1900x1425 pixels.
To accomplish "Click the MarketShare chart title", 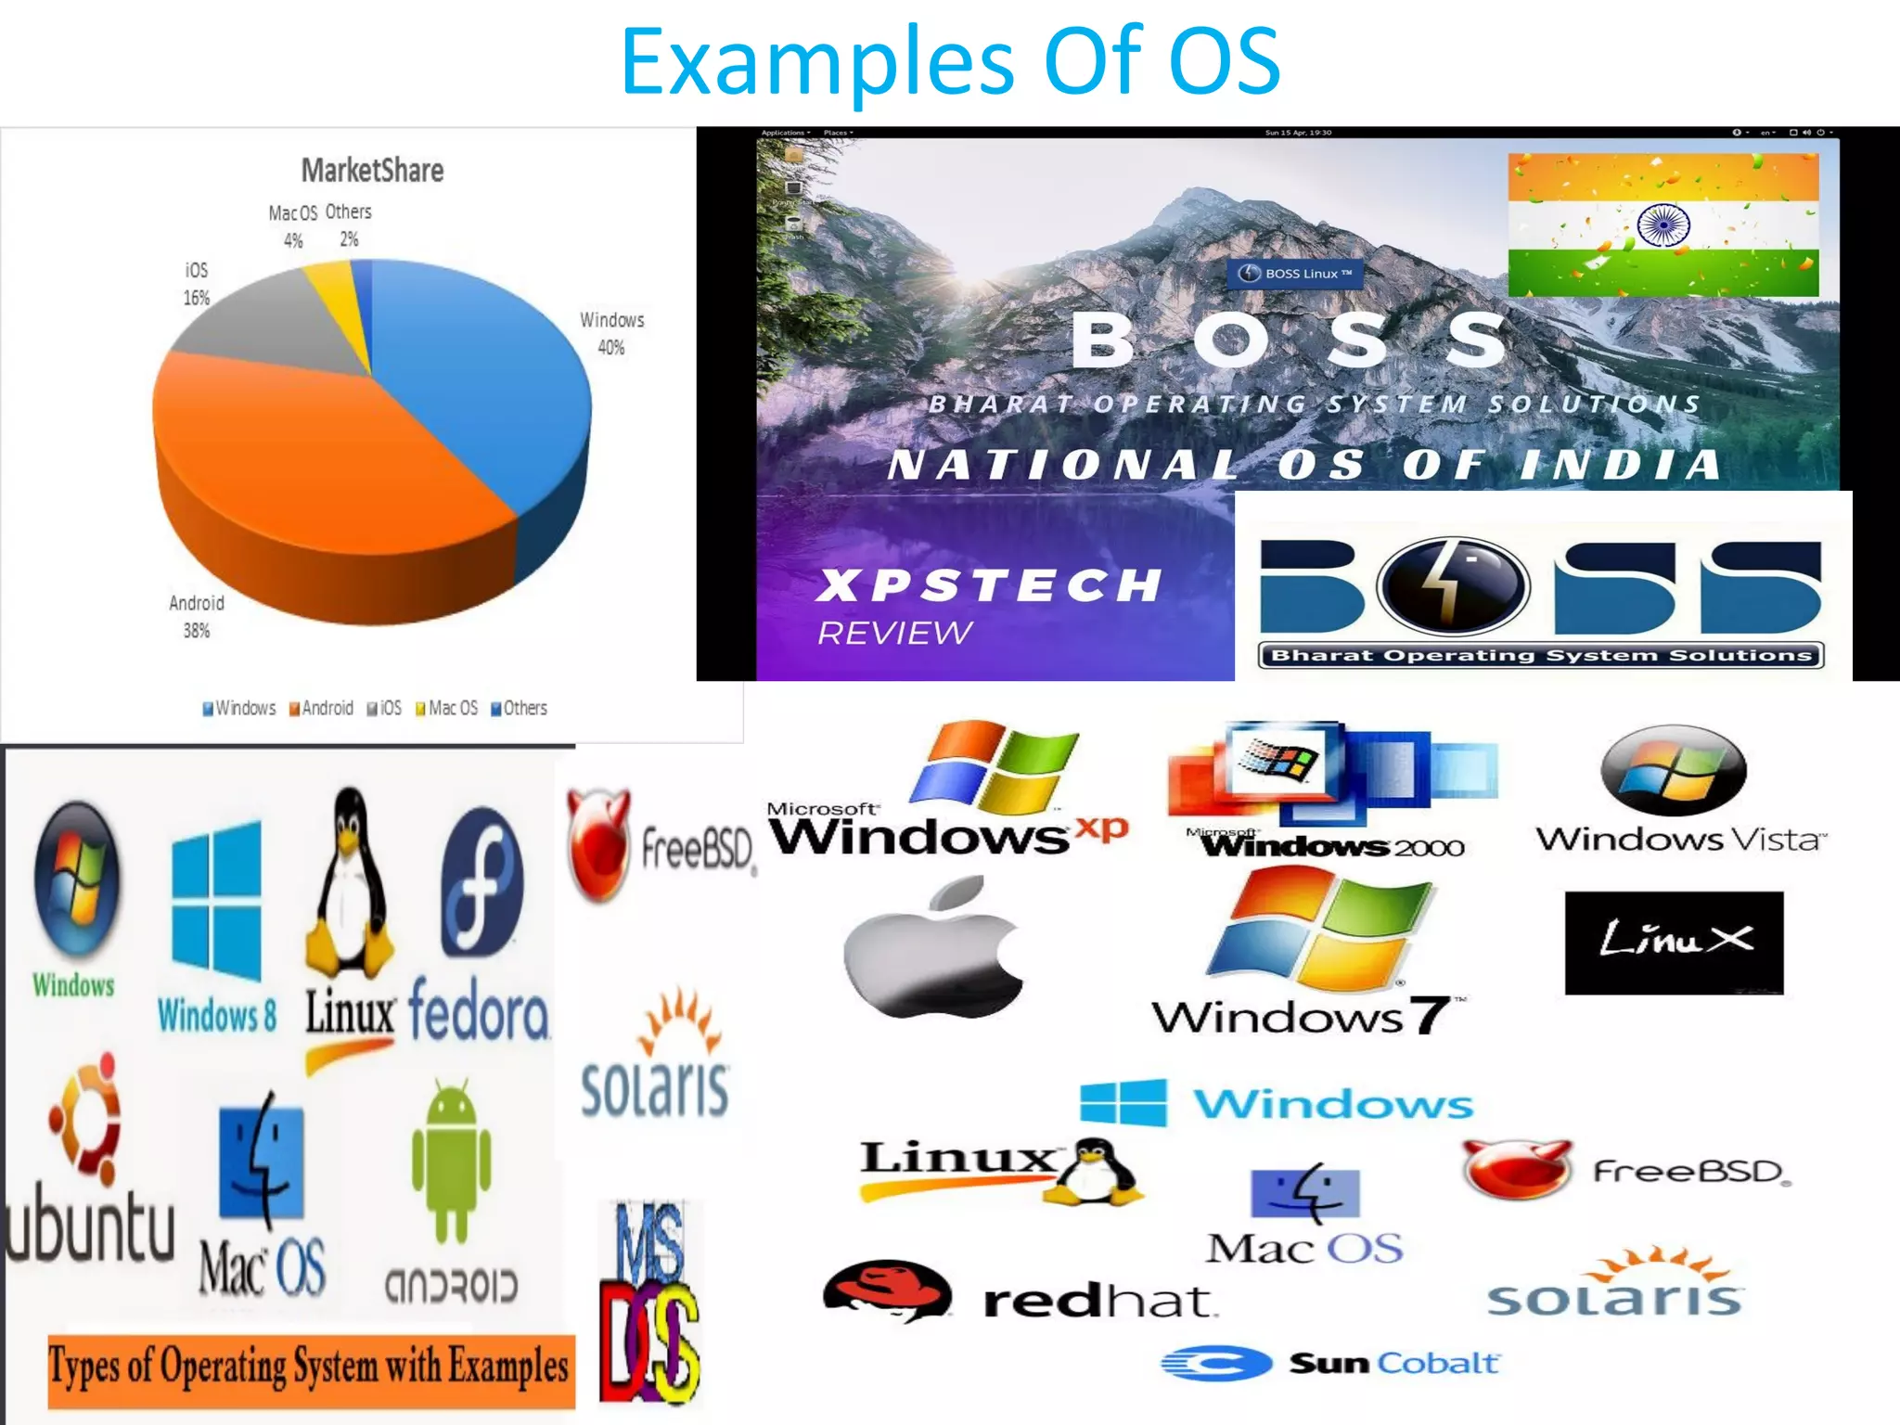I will [372, 171].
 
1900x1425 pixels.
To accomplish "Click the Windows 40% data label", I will [611, 333].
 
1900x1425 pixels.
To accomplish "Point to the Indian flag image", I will [1662, 225].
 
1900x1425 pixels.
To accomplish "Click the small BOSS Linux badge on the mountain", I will [1295, 274].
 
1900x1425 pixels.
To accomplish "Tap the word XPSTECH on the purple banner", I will [989, 585].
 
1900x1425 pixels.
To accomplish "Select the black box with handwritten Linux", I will [1674, 943].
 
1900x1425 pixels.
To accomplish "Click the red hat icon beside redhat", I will [887, 1290].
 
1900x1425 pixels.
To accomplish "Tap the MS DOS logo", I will [649, 1303].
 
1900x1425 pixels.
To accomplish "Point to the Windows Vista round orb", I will [1674, 770].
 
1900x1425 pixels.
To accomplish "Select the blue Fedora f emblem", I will [481, 882].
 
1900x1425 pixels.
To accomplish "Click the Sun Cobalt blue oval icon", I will [1216, 1363].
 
